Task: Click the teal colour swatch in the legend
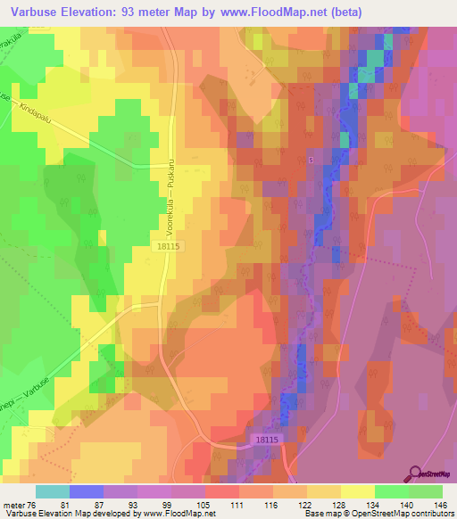(x=52, y=491)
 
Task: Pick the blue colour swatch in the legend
(x=86, y=491)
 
